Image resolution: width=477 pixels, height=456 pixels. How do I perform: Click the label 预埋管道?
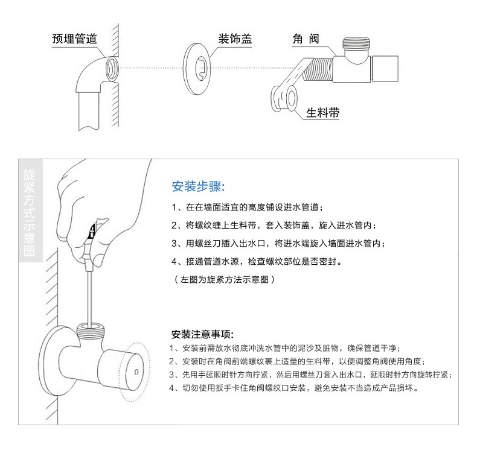point(74,39)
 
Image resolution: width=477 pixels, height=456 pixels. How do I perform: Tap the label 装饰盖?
point(235,39)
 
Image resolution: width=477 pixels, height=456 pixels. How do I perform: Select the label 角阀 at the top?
point(306,39)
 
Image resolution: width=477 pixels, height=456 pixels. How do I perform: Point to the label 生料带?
point(323,113)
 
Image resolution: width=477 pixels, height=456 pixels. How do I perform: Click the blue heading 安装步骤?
point(198,186)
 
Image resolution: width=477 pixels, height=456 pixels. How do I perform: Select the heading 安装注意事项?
point(202,334)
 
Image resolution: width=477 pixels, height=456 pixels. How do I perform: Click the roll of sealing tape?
point(284,98)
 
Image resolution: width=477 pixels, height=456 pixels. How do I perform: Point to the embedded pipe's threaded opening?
point(112,69)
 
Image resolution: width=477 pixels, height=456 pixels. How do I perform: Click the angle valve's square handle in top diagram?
point(385,69)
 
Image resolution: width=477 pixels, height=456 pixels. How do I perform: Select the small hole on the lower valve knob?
point(136,372)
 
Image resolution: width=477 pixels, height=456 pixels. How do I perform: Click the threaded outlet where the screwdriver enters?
point(91,329)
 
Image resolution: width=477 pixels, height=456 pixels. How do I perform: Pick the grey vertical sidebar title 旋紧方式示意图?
point(29,213)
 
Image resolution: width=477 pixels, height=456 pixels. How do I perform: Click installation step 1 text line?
point(248,207)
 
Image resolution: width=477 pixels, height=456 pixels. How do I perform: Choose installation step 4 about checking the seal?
point(257,261)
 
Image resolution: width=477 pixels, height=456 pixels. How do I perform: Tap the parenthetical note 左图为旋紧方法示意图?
point(225,279)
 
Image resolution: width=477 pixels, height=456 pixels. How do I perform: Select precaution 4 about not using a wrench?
point(294,388)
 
